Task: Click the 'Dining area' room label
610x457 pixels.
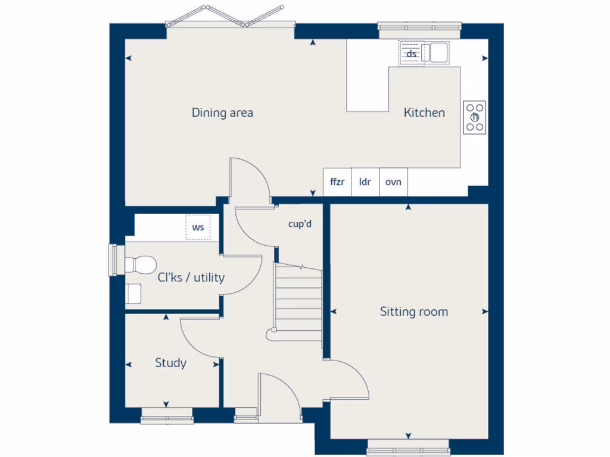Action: tap(222, 112)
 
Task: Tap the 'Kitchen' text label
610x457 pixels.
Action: tap(424, 112)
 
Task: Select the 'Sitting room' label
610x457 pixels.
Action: tap(414, 312)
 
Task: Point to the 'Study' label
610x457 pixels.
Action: tap(171, 363)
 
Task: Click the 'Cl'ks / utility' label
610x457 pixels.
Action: tap(191, 277)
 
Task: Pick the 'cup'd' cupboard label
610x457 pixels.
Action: tap(300, 224)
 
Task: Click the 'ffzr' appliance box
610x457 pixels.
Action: tap(337, 182)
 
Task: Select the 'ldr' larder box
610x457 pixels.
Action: tap(365, 182)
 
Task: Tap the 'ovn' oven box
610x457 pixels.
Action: tap(393, 182)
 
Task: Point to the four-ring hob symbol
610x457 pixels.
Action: tap(475, 117)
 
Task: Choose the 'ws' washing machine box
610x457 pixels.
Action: tap(198, 228)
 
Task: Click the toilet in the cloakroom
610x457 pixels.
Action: tap(141, 264)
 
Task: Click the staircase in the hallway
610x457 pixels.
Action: tap(297, 303)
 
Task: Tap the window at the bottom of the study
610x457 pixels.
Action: tap(167, 418)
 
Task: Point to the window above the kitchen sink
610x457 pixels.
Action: tap(420, 27)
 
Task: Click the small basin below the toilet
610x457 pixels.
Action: tap(133, 293)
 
